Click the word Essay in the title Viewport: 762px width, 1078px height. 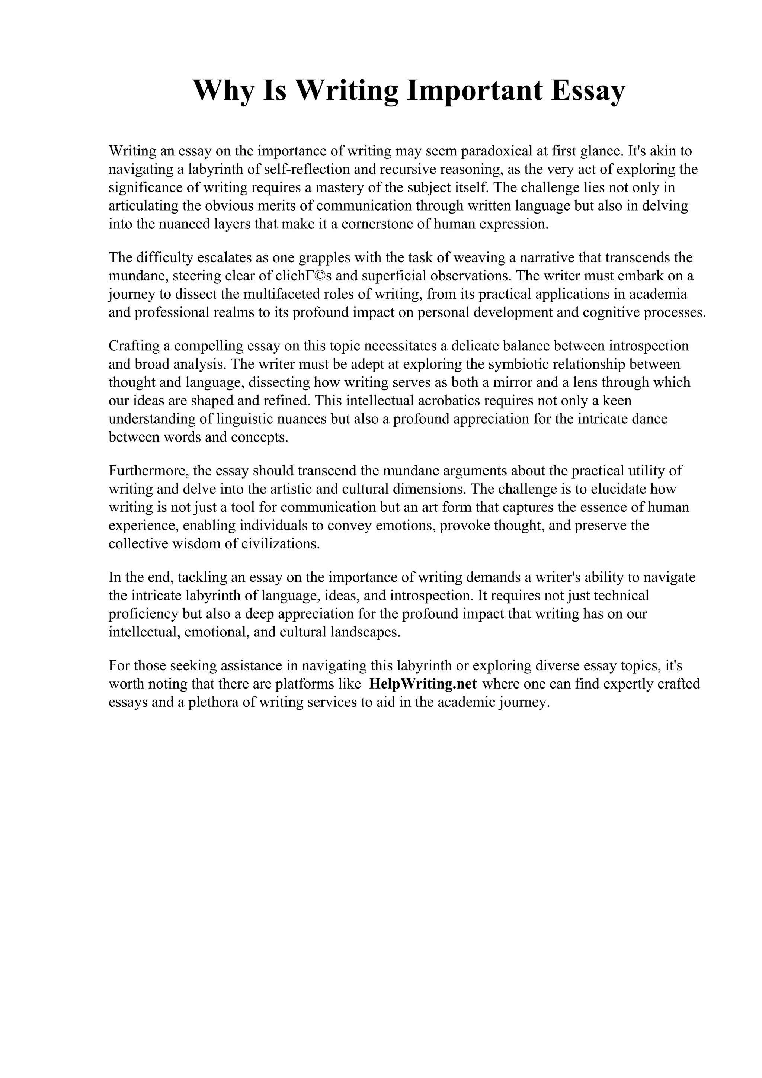(588, 91)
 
